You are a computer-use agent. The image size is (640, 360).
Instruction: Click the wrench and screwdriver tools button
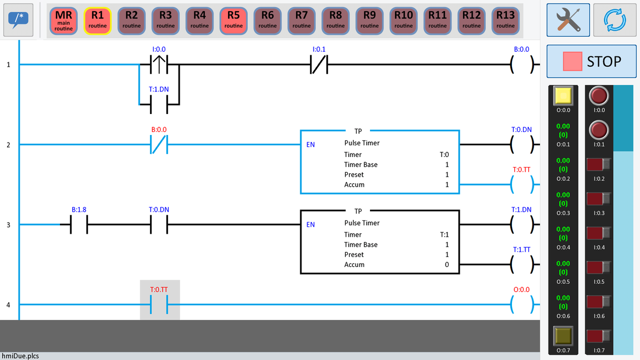(x=567, y=20)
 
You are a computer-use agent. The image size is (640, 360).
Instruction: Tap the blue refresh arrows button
(x=614, y=20)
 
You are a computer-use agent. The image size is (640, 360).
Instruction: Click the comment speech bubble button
(x=17, y=20)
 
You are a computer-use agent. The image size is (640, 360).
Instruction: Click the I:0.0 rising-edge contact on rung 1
(x=159, y=65)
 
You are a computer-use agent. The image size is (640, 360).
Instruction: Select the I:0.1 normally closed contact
(x=319, y=65)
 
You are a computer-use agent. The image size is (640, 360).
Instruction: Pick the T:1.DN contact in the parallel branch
(x=159, y=105)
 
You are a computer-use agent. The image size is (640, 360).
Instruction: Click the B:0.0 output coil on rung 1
(x=521, y=65)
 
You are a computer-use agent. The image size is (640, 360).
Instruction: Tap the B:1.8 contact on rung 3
(x=79, y=224)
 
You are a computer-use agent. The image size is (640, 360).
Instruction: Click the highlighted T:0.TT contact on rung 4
(x=159, y=304)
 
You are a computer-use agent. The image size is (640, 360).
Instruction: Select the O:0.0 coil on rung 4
(x=521, y=304)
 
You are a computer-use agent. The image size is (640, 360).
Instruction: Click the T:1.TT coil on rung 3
(x=521, y=264)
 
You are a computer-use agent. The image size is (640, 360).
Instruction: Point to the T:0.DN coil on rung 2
(x=521, y=144)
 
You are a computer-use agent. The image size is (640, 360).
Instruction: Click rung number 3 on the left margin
(x=8, y=224)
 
